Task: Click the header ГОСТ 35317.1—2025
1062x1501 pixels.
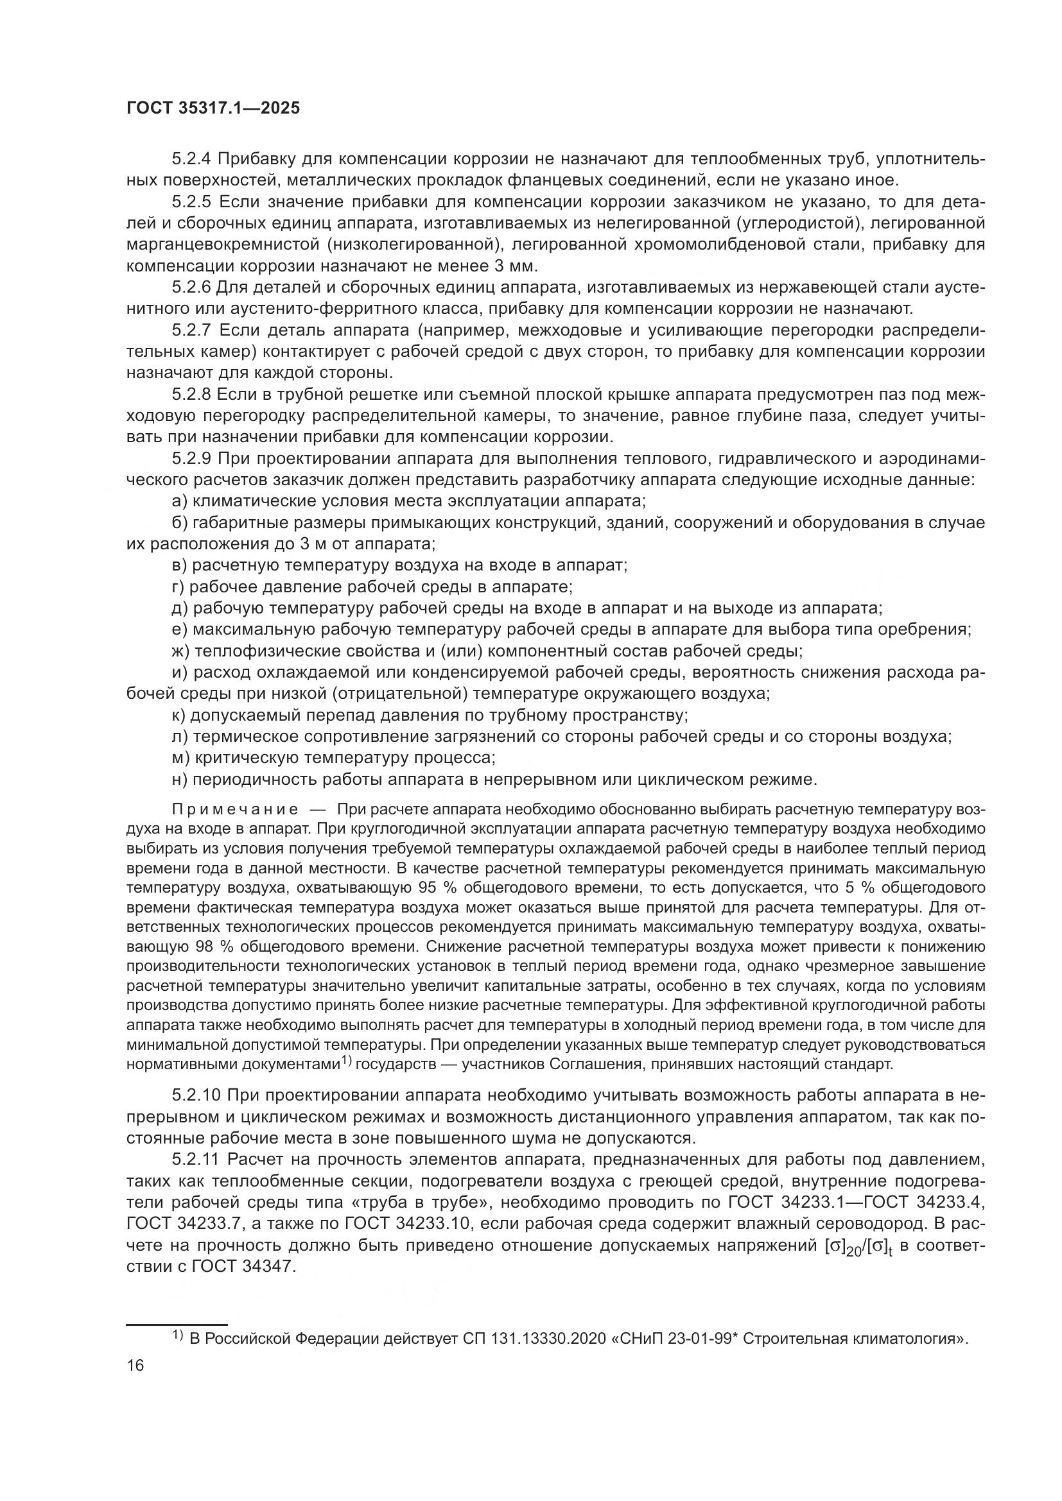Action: tap(213, 108)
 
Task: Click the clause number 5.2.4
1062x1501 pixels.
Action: tap(191, 159)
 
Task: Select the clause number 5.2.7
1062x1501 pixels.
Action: tap(191, 330)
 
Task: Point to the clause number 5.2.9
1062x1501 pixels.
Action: tap(191, 458)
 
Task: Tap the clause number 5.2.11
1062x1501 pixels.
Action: tap(196, 1159)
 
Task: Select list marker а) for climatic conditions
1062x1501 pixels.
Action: tap(179, 501)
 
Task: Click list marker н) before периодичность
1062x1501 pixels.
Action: tap(179, 779)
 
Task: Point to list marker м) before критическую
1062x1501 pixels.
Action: tap(180, 758)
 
